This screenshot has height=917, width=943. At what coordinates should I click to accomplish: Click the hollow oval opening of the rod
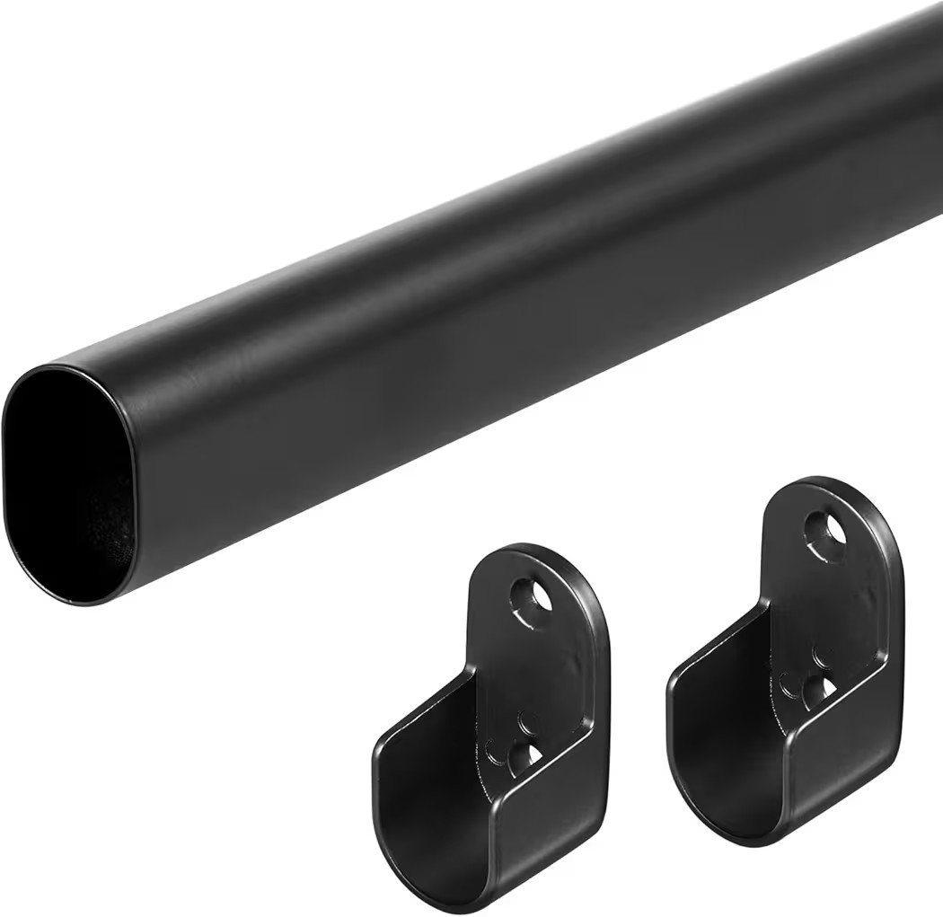67,481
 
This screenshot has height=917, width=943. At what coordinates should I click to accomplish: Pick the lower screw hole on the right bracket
819,692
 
